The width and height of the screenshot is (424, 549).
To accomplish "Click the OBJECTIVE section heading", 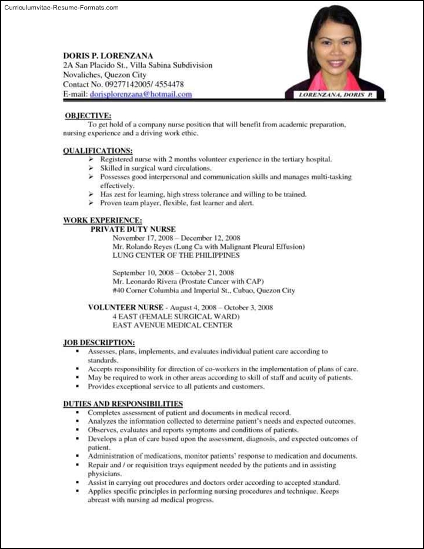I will pyautogui.click(x=88, y=116).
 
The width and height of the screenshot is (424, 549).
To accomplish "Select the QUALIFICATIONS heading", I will pyautogui.click(x=98, y=151).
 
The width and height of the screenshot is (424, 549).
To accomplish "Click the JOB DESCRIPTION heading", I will pyautogui.click(x=99, y=342).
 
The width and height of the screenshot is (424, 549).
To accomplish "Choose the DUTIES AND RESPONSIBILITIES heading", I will pyautogui.click(x=123, y=404).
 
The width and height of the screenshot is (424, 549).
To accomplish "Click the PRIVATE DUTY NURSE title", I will pyautogui.click(x=133, y=229).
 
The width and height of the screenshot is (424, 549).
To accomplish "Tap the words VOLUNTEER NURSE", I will pyautogui.click(x=125, y=307).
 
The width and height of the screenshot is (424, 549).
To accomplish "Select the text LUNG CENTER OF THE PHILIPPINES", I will pyautogui.click(x=176, y=256).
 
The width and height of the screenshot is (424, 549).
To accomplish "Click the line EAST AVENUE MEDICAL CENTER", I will pyautogui.click(x=172, y=325).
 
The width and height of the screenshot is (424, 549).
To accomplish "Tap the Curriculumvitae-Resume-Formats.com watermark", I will pyautogui.click(x=60, y=8).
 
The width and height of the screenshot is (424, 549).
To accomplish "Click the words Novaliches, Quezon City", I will pyautogui.click(x=105, y=75).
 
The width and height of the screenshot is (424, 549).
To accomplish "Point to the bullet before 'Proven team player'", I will pyautogui.click(x=91, y=203).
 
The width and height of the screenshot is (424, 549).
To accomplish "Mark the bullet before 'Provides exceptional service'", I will pyautogui.click(x=77, y=387).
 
